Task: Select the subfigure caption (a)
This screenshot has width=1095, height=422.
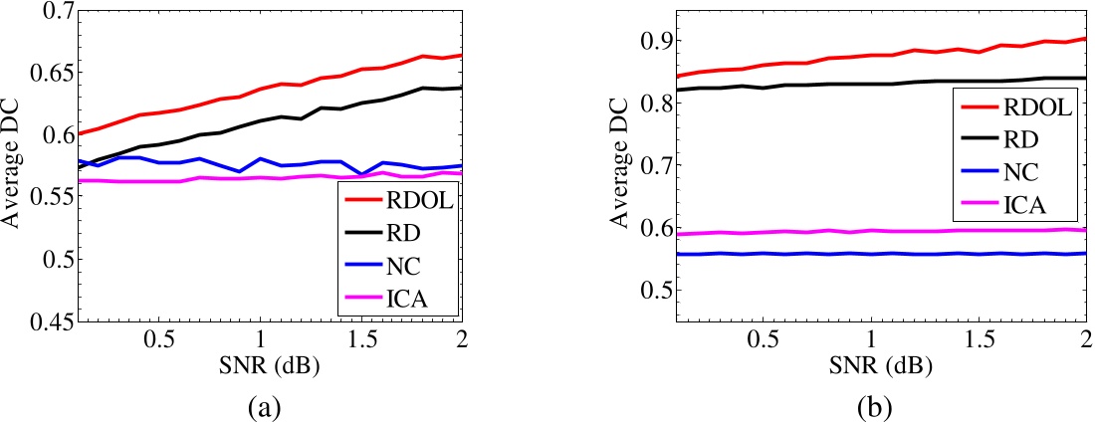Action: [x=267, y=407]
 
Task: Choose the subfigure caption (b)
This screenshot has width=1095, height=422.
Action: [x=878, y=407]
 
